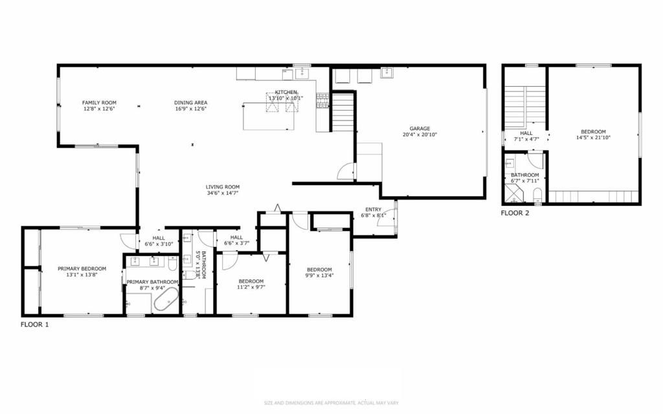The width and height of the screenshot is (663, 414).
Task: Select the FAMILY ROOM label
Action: coord(99,102)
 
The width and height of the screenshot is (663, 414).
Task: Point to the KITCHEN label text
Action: coord(286,93)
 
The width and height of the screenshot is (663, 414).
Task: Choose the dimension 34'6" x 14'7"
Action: coord(223,193)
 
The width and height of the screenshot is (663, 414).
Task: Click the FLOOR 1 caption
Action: coord(34,325)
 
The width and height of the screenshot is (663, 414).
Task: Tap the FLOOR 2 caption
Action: coord(515,213)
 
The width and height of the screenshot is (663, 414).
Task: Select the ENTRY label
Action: coord(373,209)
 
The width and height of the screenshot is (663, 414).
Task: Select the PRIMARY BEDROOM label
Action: coord(82,269)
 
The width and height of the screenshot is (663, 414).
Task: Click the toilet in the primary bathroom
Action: coord(173,264)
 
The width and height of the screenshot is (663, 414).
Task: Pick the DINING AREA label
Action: coord(190,102)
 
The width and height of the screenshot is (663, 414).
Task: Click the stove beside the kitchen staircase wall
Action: coord(322,99)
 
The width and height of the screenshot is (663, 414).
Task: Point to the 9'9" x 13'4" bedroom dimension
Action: coord(319,275)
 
